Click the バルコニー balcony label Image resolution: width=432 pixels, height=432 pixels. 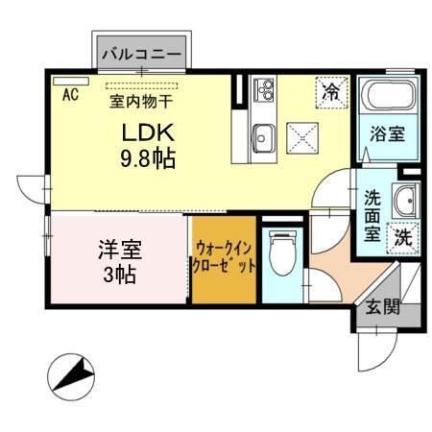click(x=141, y=55)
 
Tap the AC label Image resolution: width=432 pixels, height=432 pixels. click(x=69, y=95)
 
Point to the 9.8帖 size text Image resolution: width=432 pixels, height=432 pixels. click(x=146, y=158)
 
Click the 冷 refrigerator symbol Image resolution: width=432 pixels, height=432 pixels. click(x=331, y=93)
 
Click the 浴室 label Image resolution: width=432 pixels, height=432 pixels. click(x=387, y=135)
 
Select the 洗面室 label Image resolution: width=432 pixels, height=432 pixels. click(x=373, y=215)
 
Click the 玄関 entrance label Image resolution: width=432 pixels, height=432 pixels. click(x=380, y=307)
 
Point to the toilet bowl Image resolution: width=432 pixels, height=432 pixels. click(x=281, y=254)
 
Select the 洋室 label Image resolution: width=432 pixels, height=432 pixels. click(x=119, y=252)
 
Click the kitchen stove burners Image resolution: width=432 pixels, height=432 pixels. click(x=264, y=91)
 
